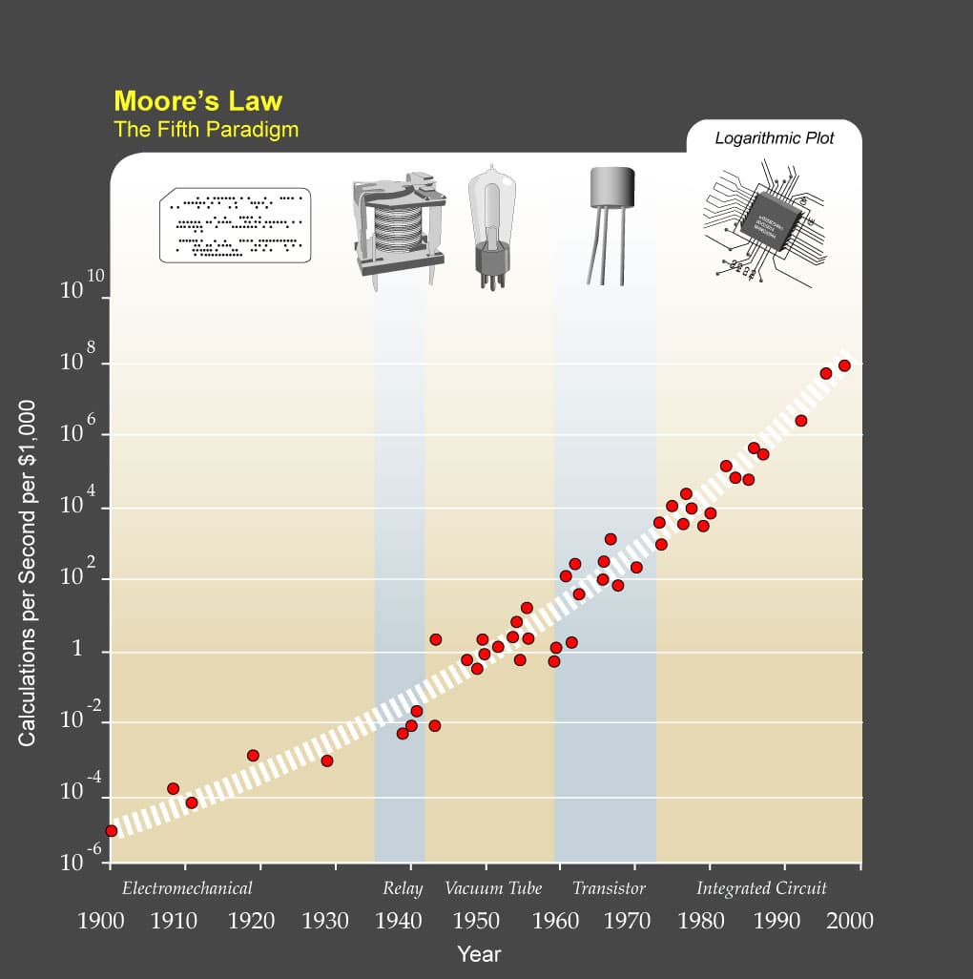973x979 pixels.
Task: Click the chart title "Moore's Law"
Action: pyautogui.click(x=197, y=101)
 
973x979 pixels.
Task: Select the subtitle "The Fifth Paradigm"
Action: pyautogui.click(x=205, y=130)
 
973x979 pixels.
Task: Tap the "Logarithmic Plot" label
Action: pyautogui.click(x=774, y=138)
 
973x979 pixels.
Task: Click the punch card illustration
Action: pyautogui.click(x=236, y=225)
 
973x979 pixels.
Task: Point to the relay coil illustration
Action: pyautogui.click(x=399, y=227)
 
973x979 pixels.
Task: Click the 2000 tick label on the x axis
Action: pyautogui.click(x=849, y=921)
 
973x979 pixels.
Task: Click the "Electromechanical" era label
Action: pyautogui.click(x=187, y=888)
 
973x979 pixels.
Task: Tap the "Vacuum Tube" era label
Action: pyautogui.click(x=493, y=888)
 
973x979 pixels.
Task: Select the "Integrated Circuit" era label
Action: pyautogui.click(x=761, y=888)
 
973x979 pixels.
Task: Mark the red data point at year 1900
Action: pyautogui.click(x=111, y=831)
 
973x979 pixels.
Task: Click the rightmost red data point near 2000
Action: pyautogui.click(x=844, y=365)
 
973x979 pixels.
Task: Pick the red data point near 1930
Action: pyautogui.click(x=326, y=760)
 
